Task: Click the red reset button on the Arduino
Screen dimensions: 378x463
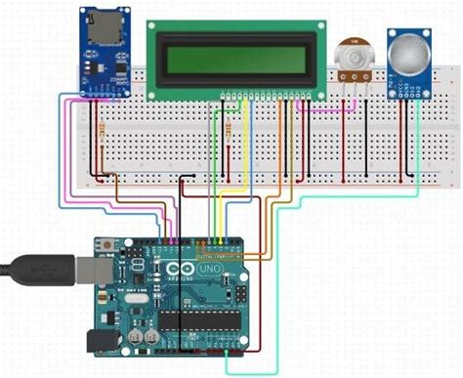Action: click(x=106, y=245)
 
